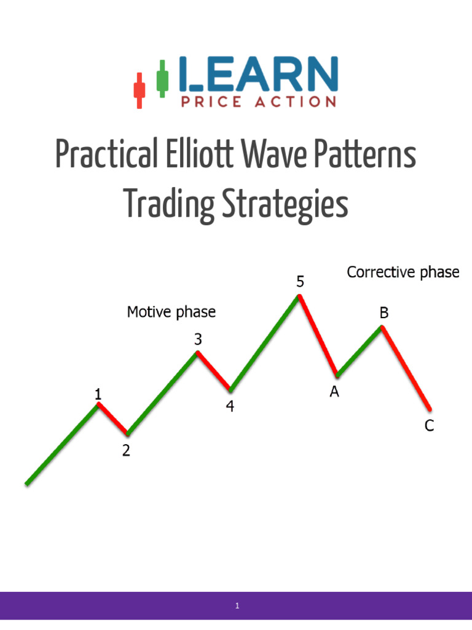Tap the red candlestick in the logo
click(139, 89)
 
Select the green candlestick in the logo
click(162, 78)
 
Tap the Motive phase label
click(171, 312)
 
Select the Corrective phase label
click(403, 272)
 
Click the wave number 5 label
click(300, 282)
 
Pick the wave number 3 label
click(198, 338)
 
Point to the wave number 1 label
click(98, 394)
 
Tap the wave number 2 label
click(126, 451)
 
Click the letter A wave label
click(334, 392)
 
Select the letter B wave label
click(383, 313)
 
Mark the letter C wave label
click(429, 425)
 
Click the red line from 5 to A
click(318, 335)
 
